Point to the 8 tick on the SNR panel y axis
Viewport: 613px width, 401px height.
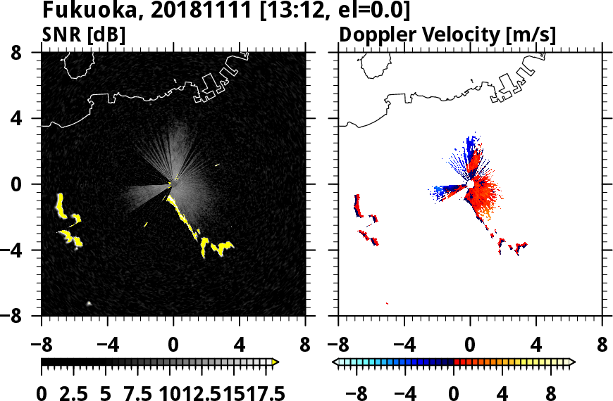tap(26, 53)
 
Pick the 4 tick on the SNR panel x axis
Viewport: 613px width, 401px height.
tap(239, 345)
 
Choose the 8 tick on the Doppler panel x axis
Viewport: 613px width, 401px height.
tap(602, 345)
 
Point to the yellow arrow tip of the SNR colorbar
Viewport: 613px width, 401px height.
tap(275, 362)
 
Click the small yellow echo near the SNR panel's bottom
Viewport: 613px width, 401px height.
tap(89, 303)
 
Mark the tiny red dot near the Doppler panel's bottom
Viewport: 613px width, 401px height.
tap(388, 303)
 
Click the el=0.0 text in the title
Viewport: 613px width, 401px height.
tap(371, 11)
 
